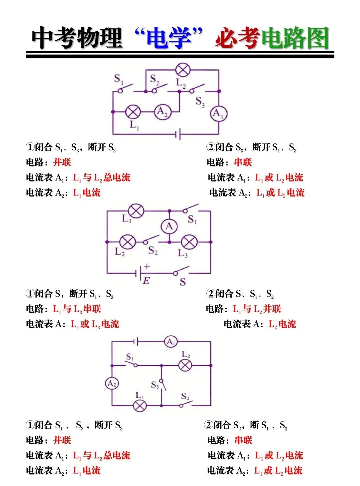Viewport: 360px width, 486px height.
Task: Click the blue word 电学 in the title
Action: click(x=169, y=38)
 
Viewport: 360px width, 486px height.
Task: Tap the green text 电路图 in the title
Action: click(x=295, y=38)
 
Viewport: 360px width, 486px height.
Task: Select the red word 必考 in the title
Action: click(x=237, y=38)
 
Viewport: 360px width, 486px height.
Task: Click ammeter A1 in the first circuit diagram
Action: click(x=219, y=114)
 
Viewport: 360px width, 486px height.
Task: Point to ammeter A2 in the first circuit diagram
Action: click(x=163, y=112)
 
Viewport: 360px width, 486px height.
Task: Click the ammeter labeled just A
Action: click(x=169, y=226)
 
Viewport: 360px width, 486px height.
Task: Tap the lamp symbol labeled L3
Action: click(x=189, y=242)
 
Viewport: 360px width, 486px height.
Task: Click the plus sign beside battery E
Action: click(x=147, y=266)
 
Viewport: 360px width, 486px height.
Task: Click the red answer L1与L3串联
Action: click(x=77, y=309)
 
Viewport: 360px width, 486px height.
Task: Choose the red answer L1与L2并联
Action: click(x=257, y=309)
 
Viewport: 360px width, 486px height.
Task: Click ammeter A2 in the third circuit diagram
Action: click(x=112, y=384)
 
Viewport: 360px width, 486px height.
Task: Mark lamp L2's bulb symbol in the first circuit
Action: click(x=183, y=70)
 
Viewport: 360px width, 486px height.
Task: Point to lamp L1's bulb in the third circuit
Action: click(x=140, y=406)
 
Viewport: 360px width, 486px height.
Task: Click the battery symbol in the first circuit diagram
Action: click(x=178, y=134)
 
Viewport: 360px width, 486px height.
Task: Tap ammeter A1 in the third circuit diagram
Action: click(x=171, y=342)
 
